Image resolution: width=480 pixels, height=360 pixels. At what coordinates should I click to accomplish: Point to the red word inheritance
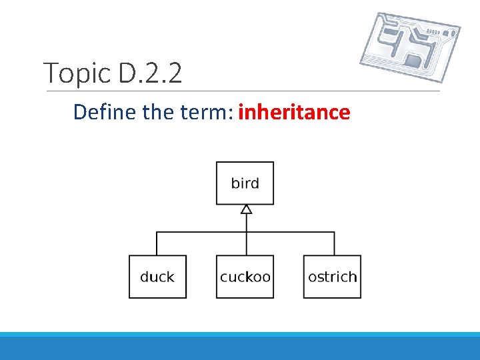(294, 112)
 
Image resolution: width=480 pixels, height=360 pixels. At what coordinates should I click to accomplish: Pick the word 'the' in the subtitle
(159, 112)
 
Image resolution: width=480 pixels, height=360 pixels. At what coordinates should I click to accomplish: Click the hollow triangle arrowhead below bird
(246, 210)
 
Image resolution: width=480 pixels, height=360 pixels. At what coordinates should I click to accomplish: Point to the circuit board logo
(409, 47)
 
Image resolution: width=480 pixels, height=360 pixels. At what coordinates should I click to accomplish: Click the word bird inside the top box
(245, 183)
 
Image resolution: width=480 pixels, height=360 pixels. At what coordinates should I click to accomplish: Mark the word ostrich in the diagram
(332, 277)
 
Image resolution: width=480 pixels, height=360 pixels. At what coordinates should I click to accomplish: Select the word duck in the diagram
(157, 277)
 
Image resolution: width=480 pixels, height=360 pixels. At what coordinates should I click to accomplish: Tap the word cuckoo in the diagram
(245, 277)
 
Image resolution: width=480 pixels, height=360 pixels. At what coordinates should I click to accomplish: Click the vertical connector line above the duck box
(157, 244)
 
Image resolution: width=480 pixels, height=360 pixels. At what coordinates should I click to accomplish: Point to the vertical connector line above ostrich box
(335, 244)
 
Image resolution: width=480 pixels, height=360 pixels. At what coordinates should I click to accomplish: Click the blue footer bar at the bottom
(240, 347)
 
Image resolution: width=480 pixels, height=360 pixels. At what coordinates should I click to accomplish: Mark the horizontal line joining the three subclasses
(200, 232)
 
